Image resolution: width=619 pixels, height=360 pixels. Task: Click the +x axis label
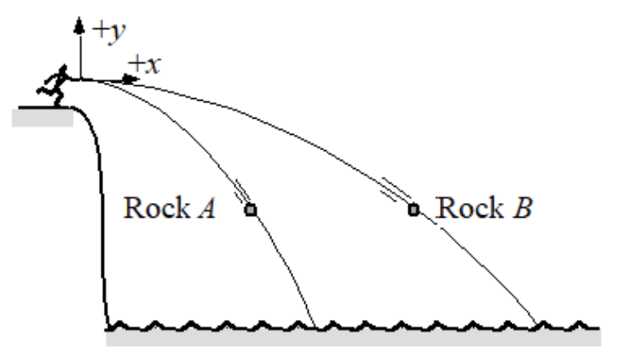pyautogui.click(x=146, y=62)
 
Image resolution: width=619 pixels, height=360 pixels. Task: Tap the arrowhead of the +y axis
pyautogui.click(x=81, y=26)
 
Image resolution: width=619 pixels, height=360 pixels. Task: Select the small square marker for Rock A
pyautogui.click(x=250, y=209)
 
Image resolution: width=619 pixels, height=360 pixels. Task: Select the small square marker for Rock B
pyautogui.click(x=414, y=209)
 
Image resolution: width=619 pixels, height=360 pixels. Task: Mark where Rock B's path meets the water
pyautogui.click(x=538, y=325)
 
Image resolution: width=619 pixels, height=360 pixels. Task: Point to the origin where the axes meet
pyautogui.click(x=81, y=79)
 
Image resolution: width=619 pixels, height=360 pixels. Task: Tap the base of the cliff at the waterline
pyautogui.click(x=109, y=325)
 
